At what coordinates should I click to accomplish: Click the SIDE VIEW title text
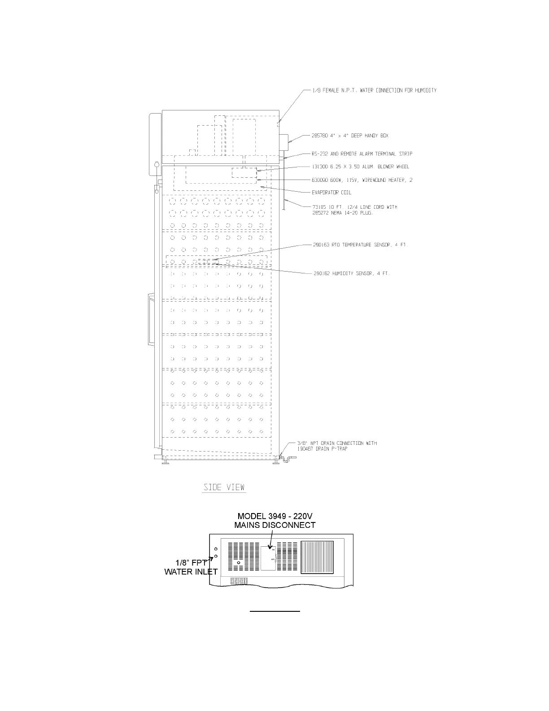224,487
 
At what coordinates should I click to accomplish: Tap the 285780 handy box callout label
350,136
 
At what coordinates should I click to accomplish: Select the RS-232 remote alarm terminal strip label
362,154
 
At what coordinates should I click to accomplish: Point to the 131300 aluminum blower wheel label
360,167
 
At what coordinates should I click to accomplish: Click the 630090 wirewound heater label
362,180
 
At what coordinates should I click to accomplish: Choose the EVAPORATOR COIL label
331,193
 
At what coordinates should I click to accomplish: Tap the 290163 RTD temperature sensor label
360,245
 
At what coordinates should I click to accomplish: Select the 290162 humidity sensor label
351,273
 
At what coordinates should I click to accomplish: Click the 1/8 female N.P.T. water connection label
374,90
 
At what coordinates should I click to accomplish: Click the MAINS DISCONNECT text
274,525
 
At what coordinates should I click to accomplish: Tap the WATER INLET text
191,572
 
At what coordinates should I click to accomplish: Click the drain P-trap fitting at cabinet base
286,459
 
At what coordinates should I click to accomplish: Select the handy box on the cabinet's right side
284,142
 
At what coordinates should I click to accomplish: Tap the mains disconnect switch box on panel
268,558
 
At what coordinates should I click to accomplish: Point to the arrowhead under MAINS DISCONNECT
271,547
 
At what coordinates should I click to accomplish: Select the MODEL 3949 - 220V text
274,516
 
